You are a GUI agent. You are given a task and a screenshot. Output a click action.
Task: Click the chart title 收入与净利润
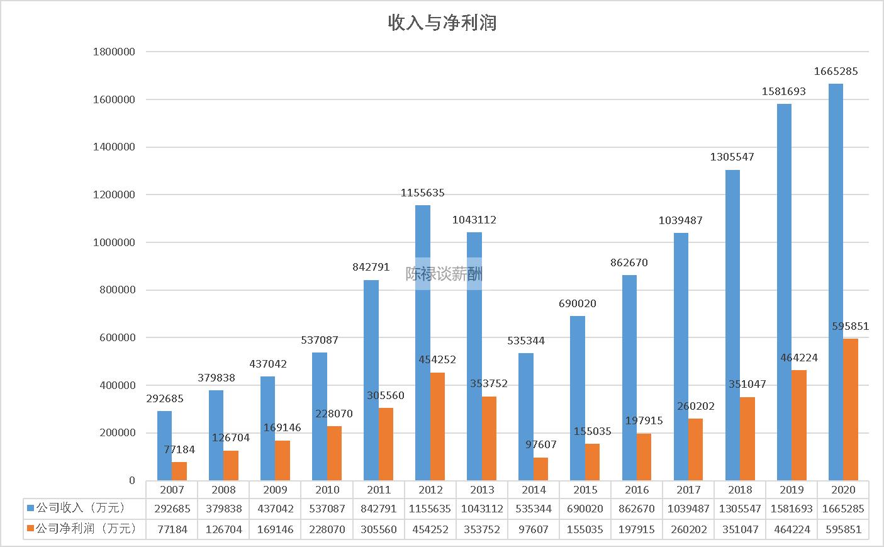click(442, 23)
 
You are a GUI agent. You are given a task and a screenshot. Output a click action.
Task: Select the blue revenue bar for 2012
click(423, 343)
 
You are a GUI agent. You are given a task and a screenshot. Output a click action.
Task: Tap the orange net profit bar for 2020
click(850, 409)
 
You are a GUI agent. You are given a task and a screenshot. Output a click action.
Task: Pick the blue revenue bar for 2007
click(164, 446)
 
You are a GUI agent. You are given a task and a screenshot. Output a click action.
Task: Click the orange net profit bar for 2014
click(540, 469)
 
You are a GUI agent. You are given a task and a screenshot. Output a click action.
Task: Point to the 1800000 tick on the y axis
click(114, 52)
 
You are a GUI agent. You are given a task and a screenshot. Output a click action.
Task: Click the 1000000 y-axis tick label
click(114, 242)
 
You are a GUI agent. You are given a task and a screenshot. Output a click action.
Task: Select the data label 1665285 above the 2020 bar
click(836, 72)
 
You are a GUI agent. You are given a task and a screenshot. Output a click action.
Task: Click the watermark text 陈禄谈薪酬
click(444, 274)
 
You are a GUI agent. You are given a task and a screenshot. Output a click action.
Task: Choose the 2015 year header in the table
click(585, 490)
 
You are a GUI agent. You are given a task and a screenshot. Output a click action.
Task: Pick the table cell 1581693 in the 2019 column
click(792, 509)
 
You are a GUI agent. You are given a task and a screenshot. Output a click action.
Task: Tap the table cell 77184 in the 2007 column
click(172, 529)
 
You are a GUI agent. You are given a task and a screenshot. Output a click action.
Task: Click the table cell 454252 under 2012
click(430, 529)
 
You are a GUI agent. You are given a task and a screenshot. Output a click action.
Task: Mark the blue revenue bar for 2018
click(732, 325)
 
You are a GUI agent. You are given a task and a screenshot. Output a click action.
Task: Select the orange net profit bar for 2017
click(695, 449)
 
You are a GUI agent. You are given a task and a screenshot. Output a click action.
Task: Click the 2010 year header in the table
click(327, 490)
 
